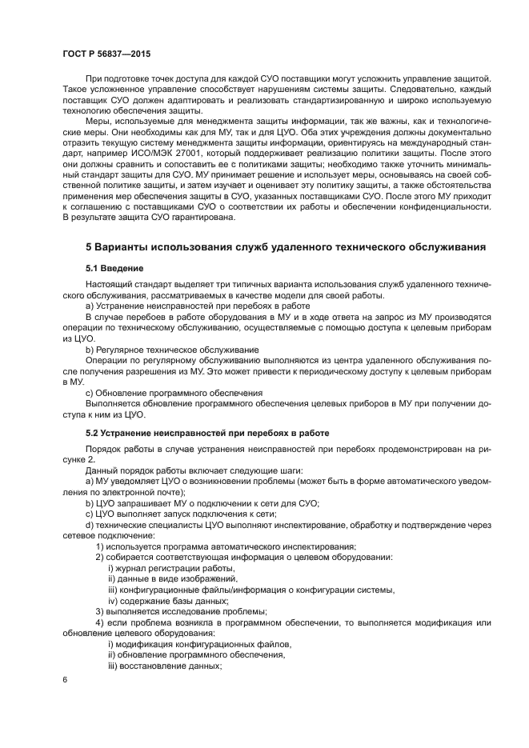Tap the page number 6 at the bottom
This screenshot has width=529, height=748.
click(x=65, y=678)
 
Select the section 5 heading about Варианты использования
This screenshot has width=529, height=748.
click(x=285, y=247)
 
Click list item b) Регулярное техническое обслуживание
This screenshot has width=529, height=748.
click(x=171, y=350)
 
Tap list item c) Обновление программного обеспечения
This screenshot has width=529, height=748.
click(x=174, y=392)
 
